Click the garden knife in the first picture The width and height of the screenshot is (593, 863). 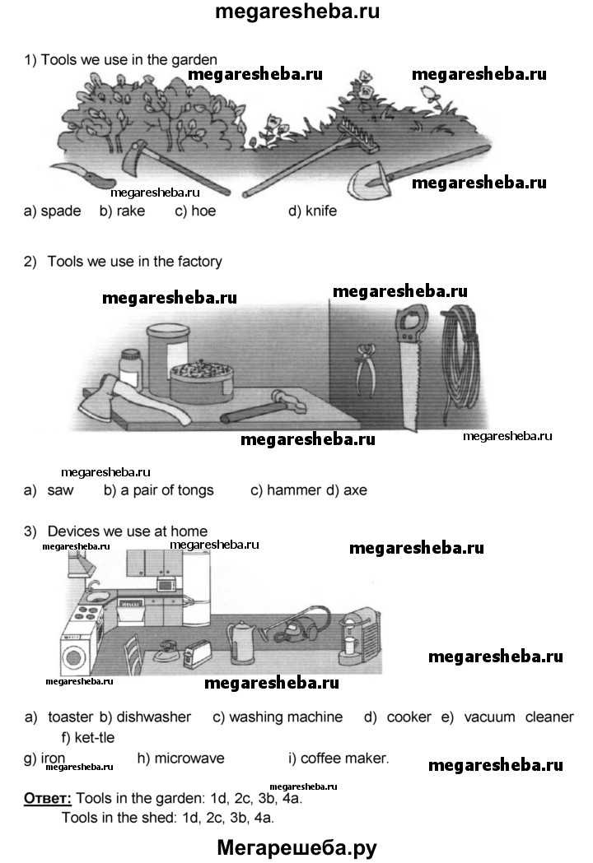(x=88, y=175)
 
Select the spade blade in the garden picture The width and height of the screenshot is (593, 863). (x=369, y=180)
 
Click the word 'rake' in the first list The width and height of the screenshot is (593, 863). (x=131, y=211)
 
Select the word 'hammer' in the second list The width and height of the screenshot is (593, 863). (x=294, y=489)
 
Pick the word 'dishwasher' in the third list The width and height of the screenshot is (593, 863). (x=154, y=717)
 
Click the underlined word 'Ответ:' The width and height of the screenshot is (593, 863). (x=48, y=798)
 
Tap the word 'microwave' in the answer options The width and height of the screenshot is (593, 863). (x=189, y=758)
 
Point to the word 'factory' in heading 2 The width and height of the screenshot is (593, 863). (x=197, y=262)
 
